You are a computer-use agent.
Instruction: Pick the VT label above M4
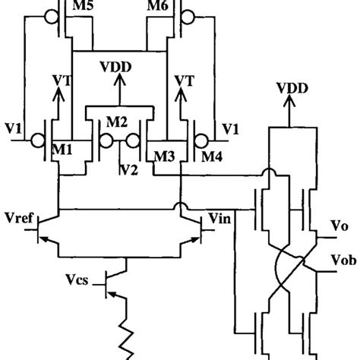(185, 78)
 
